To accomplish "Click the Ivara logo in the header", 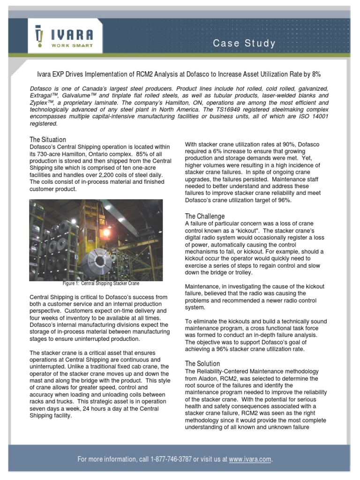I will [x=63, y=36].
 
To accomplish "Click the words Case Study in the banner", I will [x=244, y=44].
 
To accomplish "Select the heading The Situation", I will [x=48, y=140].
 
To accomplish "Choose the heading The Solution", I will [x=202, y=363].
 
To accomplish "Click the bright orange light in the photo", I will [x=106, y=231].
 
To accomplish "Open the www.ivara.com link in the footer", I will [x=250, y=459].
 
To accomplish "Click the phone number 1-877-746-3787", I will [x=171, y=459].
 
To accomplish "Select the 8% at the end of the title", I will [x=316, y=75].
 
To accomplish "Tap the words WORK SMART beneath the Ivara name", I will [x=72, y=45].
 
